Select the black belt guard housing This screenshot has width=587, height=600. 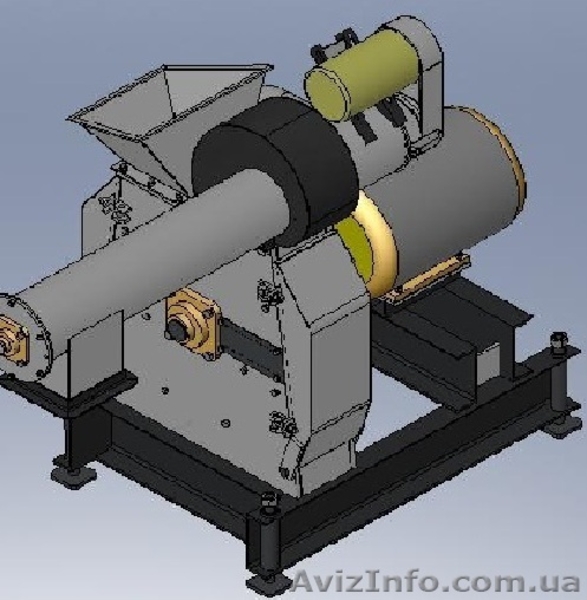(x=276, y=168)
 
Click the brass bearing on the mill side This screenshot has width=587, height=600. (x=192, y=324)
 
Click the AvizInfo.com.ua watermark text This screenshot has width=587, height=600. (x=436, y=583)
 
